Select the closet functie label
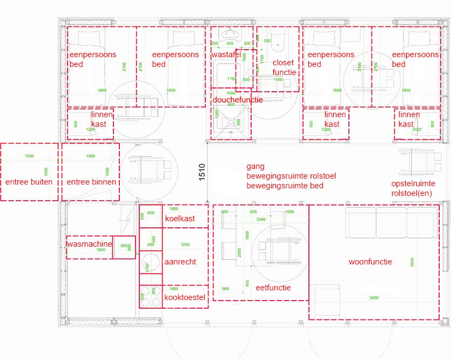click(284, 67)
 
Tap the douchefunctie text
click(238, 100)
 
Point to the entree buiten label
click(29, 182)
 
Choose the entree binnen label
click(91, 182)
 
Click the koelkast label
click(180, 219)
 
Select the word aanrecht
click(180, 262)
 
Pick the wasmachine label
click(89, 244)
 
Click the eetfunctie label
click(273, 288)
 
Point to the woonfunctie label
click(370, 262)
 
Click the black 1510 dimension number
click(202, 172)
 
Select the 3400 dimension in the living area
click(373, 297)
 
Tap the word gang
click(255, 167)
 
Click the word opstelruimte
click(413, 184)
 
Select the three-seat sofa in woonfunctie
click(392, 222)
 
